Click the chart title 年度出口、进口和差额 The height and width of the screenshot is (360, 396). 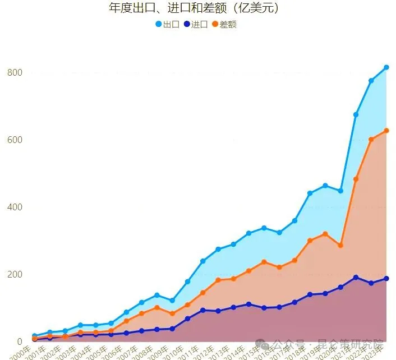click(x=194, y=8)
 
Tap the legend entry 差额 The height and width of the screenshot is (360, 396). click(x=224, y=25)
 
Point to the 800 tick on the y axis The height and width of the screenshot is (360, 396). click(x=15, y=72)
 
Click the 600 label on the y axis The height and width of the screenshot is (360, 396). click(x=15, y=140)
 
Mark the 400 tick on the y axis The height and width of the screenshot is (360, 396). click(x=15, y=207)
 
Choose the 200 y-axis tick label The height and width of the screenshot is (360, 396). click(x=15, y=274)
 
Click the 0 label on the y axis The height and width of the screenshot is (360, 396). click(x=19, y=341)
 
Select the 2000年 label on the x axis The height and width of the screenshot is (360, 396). click(x=21, y=352)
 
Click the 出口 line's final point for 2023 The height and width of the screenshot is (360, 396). click(x=386, y=68)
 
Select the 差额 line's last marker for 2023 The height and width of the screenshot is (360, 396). click(x=386, y=131)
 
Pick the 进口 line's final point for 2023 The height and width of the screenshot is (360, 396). click(x=386, y=279)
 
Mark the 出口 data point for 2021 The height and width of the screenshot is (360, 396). click(x=356, y=114)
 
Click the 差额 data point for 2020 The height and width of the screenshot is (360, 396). click(x=340, y=246)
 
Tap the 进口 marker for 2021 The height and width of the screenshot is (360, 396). click(x=356, y=277)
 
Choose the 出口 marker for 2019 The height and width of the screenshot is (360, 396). click(x=325, y=186)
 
